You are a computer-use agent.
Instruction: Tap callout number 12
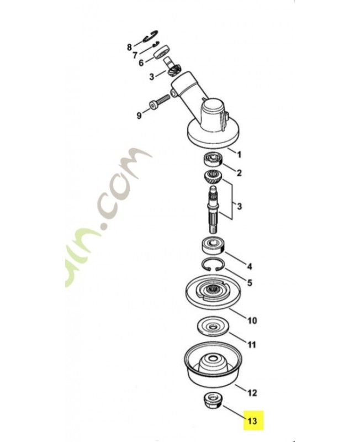click(252, 393)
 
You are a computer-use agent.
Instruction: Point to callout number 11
click(251, 345)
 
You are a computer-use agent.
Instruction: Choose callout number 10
click(252, 320)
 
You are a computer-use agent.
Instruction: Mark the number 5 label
click(250, 283)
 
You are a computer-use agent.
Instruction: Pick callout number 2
click(239, 173)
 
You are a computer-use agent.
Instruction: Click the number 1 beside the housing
click(240, 152)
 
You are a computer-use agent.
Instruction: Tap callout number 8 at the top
click(129, 47)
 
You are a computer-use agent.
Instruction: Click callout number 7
click(135, 55)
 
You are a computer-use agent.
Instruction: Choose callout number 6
click(141, 64)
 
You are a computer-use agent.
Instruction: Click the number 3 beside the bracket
click(239, 206)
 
